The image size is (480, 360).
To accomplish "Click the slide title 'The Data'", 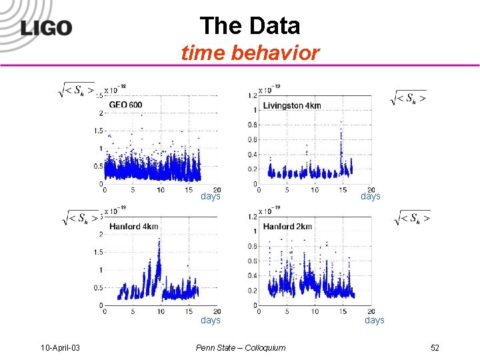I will click(250, 26).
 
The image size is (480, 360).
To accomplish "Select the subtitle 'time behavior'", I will click(250, 53).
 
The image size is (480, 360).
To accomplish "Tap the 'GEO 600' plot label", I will click(125, 105).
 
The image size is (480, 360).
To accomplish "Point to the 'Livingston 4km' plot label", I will click(291, 105).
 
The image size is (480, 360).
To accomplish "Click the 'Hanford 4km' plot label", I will click(133, 227).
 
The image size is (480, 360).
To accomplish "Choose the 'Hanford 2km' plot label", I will click(287, 227).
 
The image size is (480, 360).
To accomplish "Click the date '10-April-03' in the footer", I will click(61, 347).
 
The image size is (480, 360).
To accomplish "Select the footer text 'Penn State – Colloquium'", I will click(241, 347).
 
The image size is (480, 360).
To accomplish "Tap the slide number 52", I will click(435, 347).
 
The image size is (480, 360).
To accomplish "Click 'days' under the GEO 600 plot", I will click(211, 196).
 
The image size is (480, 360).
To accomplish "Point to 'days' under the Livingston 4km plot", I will click(370, 196).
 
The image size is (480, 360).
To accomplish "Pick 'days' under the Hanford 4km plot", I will click(211, 320).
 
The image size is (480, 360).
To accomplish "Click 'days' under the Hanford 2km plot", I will click(374, 320).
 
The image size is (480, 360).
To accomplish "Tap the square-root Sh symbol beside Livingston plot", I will click(409, 99).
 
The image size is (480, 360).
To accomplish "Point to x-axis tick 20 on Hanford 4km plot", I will click(217, 311).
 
